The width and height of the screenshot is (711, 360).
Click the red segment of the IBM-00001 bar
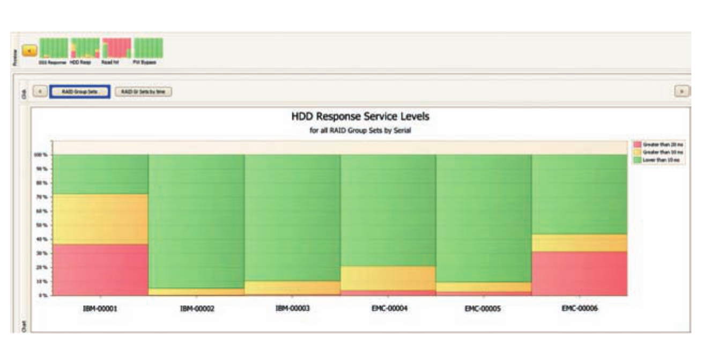[100, 269]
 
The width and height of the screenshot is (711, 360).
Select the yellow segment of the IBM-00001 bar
[100, 219]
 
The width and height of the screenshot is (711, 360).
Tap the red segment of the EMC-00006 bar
[579, 273]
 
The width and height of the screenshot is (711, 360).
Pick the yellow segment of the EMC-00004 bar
[388, 278]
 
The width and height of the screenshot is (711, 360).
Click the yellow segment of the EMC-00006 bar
[579, 243]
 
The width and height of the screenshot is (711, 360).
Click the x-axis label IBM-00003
[292, 308]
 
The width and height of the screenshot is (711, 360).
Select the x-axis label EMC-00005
[483, 309]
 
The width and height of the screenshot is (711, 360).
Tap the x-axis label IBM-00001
[100, 309]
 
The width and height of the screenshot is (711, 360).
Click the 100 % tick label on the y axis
[42, 155]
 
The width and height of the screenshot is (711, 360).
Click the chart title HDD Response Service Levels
[360, 116]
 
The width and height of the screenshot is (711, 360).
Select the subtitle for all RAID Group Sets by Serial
[360, 130]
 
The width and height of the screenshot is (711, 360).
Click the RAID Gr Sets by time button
[143, 92]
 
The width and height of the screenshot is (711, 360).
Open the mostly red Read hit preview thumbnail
[117, 48]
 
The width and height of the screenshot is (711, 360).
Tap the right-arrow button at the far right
[682, 91]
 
